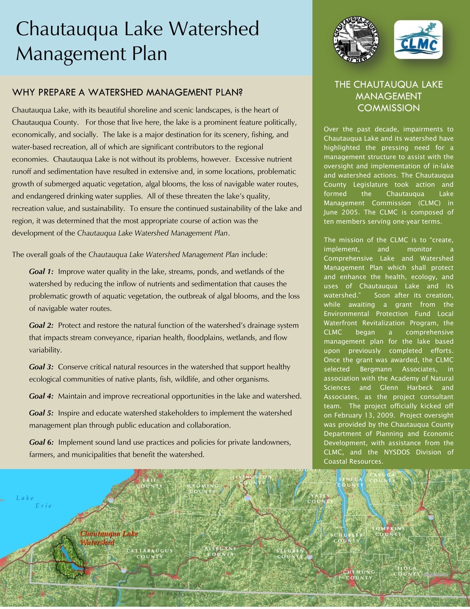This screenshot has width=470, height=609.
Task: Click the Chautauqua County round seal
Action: (355, 40)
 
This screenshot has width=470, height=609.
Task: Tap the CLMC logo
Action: (418, 40)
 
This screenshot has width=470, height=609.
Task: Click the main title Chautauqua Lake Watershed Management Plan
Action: (137, 41)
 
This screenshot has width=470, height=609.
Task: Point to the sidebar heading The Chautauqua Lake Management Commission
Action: (388, 96)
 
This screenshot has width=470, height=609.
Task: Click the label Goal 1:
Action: (41, 271)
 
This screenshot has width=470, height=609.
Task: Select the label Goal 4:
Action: (41, 396)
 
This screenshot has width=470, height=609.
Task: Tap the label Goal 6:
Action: (41, 442)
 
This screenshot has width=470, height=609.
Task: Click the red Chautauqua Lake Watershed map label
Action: (109, 538)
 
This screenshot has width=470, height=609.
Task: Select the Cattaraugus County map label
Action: (150, 553)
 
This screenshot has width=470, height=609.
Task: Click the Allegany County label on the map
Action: (221, 551)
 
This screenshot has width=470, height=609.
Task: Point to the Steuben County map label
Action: (291, 553)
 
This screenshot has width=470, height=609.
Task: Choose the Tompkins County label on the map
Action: (388, 531)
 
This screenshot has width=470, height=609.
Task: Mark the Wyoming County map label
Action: (203, 488)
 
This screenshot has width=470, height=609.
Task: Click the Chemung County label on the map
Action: (359, 574)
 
